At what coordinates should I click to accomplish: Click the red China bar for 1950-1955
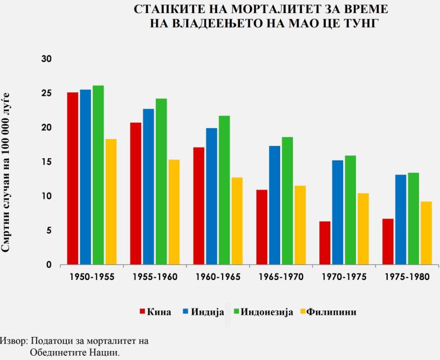pyautogui.click(x=73, y=179)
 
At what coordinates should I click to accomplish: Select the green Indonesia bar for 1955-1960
pyautogui.click(x=161, y=182)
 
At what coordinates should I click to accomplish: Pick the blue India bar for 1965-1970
pyautogui.click(x=275, y=205)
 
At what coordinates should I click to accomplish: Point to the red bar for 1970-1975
pyautogui.click(x=325, y=243)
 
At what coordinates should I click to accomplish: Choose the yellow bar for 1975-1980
pyautogui.click(x=426, y=233)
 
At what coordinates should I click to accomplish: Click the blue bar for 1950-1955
pyautogui.click(x=86, y=177)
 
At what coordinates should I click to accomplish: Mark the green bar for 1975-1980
pyautogui.click(x=413, y=219)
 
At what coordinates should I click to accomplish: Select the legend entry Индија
pyautogui.click(x=207, y=312)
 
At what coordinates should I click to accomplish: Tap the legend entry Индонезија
pyautogui.click(x=267, y=312)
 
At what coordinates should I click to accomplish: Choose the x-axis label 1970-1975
pyautogui.click(x=344, y=277)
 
